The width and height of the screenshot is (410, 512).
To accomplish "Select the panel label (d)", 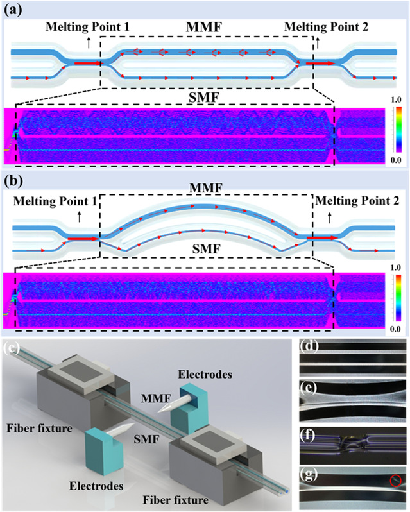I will pyautogui.click(x=310, y=350).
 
